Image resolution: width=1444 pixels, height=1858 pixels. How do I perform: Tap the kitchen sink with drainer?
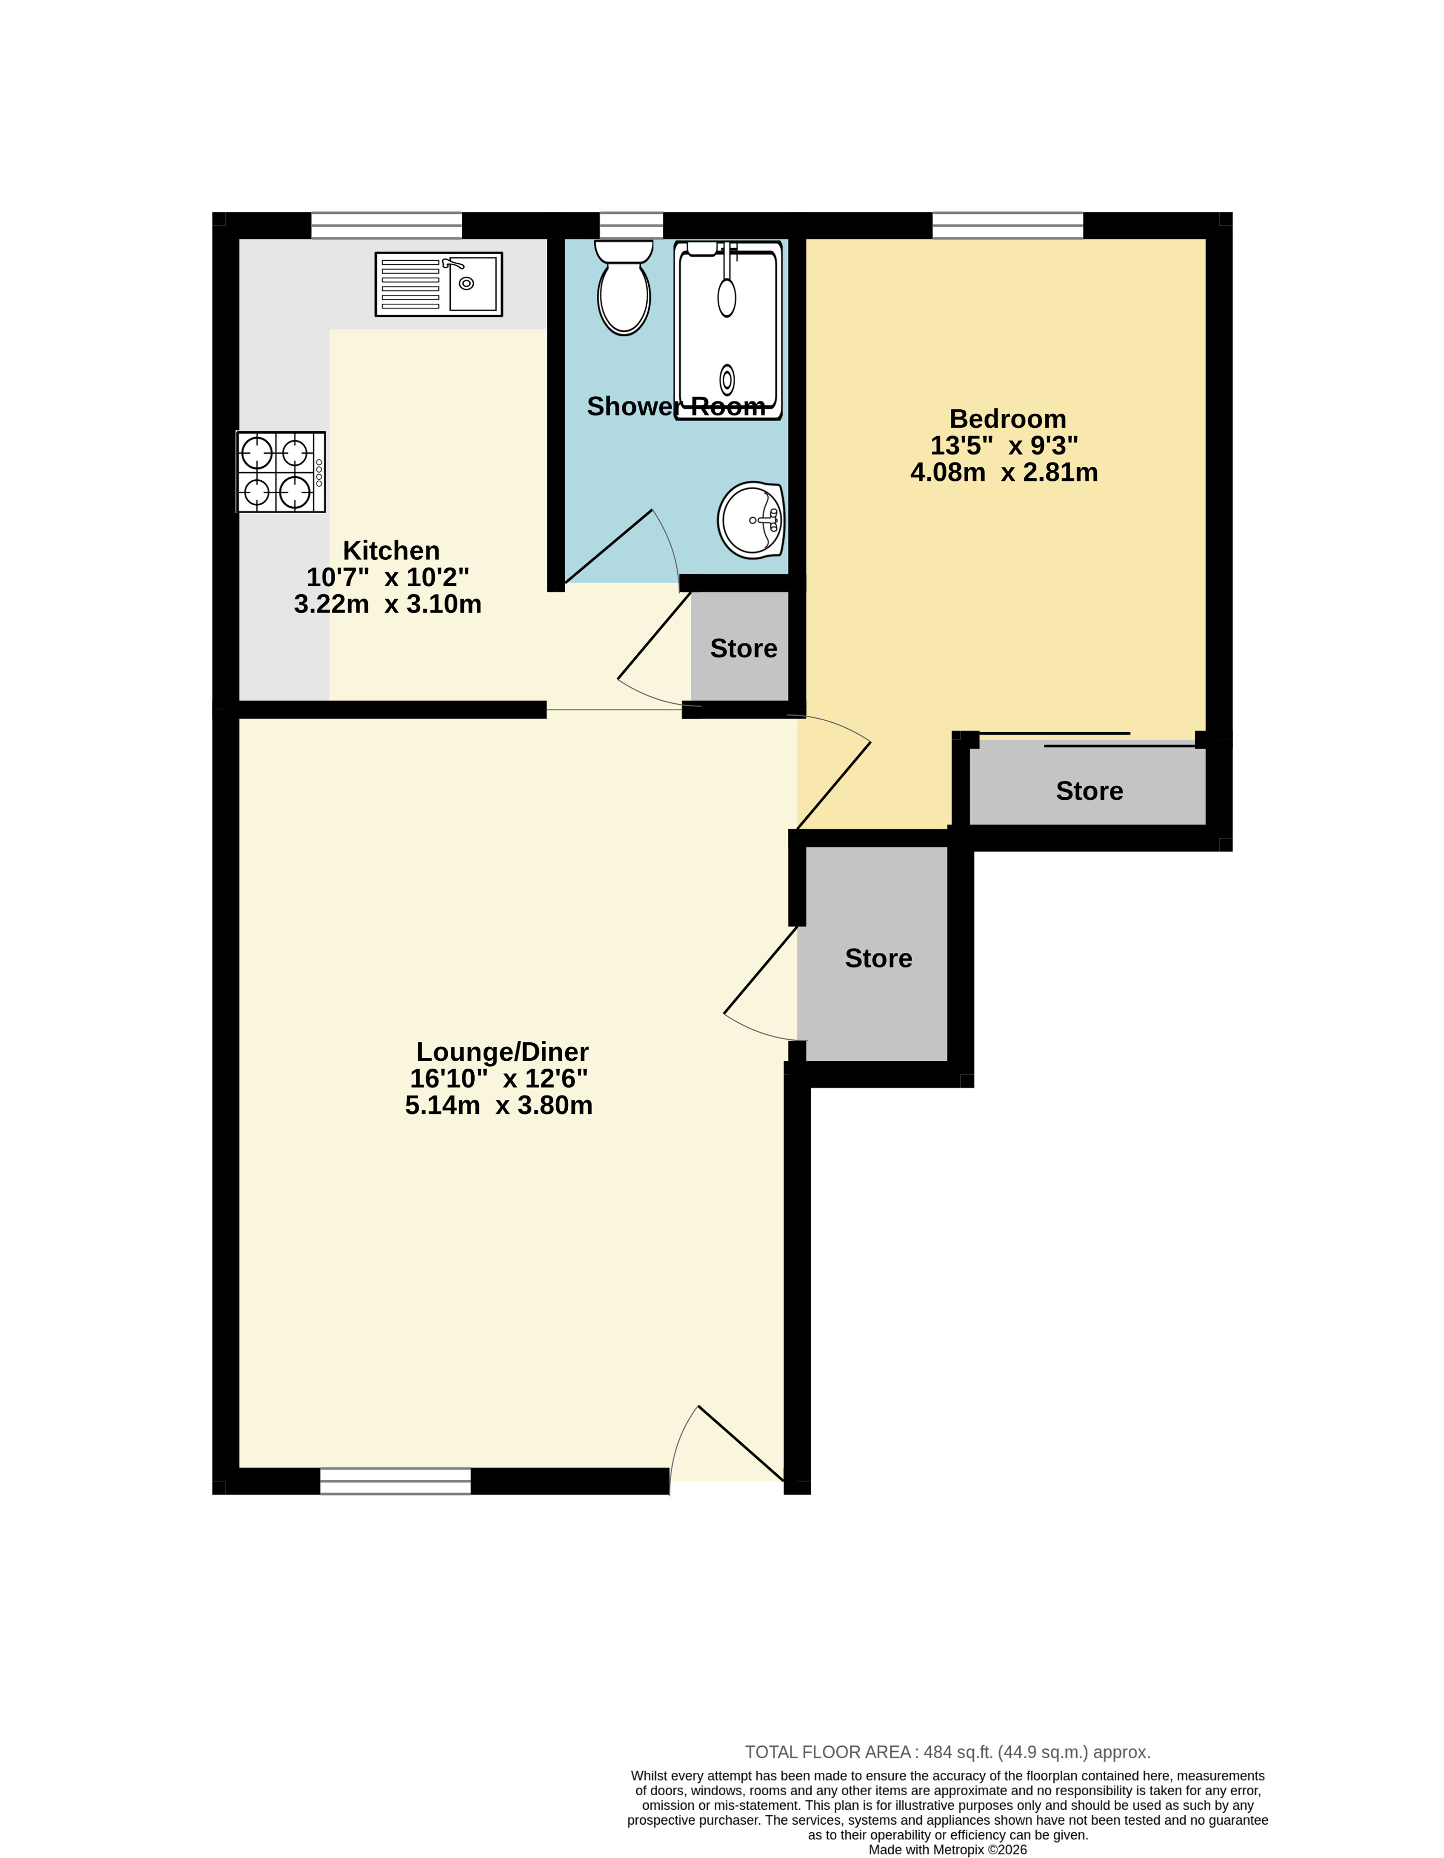pos(439,284)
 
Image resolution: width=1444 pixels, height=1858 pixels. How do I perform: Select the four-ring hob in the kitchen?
pos(281,472)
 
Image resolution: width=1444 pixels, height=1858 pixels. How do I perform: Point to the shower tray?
pos(728,330)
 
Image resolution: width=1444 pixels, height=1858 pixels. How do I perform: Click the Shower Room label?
pos(676,407)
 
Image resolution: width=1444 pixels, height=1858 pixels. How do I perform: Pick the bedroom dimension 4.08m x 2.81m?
pos(1004,472)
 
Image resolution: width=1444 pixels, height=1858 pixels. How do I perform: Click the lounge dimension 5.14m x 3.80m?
pos(499,1105)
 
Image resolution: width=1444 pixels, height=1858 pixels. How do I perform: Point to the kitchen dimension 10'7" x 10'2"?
pos(388,577)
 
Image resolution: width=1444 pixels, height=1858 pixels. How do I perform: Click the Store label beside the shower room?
pos(744,648)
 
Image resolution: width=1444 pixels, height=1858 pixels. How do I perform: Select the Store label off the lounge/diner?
pos(878,959)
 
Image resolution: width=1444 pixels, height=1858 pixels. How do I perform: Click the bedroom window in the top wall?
pos(1008,225)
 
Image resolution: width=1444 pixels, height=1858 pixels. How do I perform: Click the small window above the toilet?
pos(632,225)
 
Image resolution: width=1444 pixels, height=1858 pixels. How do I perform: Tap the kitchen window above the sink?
pos(386,225)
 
